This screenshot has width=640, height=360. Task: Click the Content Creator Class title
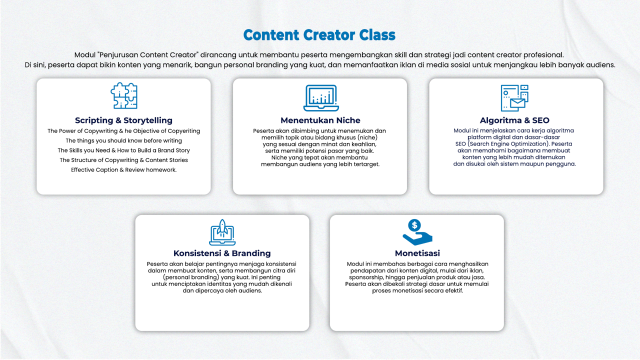point(319,35)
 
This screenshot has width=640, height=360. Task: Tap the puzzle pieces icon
point(124,95)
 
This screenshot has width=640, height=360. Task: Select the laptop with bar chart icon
point(321,97)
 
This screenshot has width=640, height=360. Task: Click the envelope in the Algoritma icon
point(517,103)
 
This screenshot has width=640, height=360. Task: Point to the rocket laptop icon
point(222,232)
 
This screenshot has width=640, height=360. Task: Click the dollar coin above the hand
point(414,225)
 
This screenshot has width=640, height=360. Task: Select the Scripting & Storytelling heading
point(123,120)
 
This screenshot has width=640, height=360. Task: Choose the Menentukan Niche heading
point(320,120)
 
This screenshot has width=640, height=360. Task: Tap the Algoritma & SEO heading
point(514,120)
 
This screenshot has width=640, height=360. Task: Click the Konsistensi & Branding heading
point(222,253)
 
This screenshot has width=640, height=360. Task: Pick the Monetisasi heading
point(417,253)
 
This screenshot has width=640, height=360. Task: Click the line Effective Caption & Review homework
point(123,169)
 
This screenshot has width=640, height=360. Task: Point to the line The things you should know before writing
point(123,140)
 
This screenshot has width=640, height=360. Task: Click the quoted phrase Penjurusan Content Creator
point(147,55)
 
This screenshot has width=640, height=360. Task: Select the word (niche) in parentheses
point(367,137)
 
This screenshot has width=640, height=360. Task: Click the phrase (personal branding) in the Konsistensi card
point(191,277)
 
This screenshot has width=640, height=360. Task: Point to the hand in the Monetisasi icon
point(417,238)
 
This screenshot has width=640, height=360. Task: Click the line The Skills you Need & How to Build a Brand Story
point(123,150)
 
